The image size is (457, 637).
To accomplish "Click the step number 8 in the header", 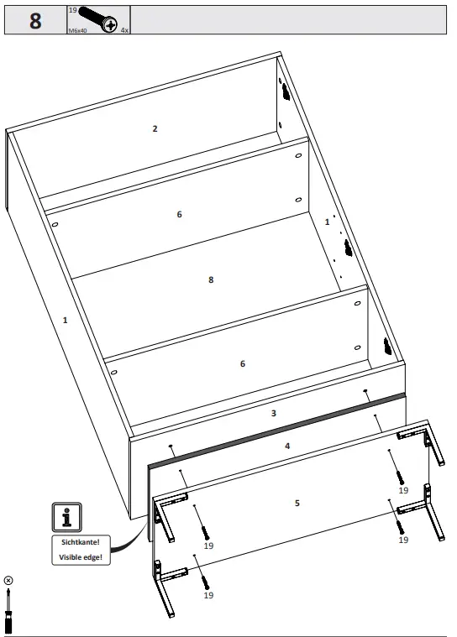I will point(35,20).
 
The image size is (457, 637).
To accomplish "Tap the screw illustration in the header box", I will point(97,18).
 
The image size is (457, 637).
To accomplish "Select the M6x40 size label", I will point(79,29).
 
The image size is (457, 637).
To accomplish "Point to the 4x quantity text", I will point(124,29).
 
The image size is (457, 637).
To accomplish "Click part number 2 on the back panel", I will point(155,128).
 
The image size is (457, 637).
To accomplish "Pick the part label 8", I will point(211,279).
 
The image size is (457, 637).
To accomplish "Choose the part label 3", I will point(273,413).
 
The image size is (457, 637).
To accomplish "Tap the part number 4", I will point(287,446).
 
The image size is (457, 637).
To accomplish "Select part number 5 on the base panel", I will point(297,503).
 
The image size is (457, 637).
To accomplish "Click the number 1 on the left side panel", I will point(65,320).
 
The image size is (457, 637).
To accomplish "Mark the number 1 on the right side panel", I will point(328,222).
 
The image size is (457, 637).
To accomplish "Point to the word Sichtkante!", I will point(80,542).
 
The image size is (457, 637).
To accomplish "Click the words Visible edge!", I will point(80,557).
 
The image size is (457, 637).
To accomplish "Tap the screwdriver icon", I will point(9,612).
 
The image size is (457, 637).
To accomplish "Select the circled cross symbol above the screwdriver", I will point(9,580).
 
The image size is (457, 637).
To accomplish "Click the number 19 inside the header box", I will point(72,10).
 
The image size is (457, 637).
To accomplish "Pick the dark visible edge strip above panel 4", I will point(277,428).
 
